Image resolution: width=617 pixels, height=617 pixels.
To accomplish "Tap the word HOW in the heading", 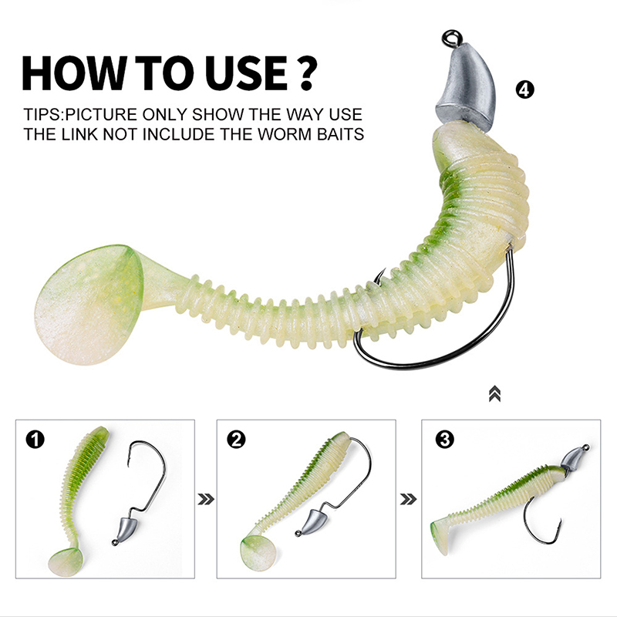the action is pos(74,73).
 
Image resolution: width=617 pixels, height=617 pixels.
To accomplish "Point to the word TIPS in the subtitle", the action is pos(43,114).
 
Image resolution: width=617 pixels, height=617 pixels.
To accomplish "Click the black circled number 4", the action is pos(525,89).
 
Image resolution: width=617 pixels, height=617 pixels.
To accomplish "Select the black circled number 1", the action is pos(35,440).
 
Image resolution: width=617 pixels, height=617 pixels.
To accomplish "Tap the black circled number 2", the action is pos(236,440).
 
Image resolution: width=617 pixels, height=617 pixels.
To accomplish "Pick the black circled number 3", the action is pos(445,439).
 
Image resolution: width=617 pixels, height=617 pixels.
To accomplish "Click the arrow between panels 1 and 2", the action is pos(206,499).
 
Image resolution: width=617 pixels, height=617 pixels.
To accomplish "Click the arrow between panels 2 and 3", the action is pos(408,499).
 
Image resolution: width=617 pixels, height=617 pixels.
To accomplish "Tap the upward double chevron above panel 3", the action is pos(494,394).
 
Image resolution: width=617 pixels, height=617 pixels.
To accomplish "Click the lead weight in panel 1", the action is pos(125,530).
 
